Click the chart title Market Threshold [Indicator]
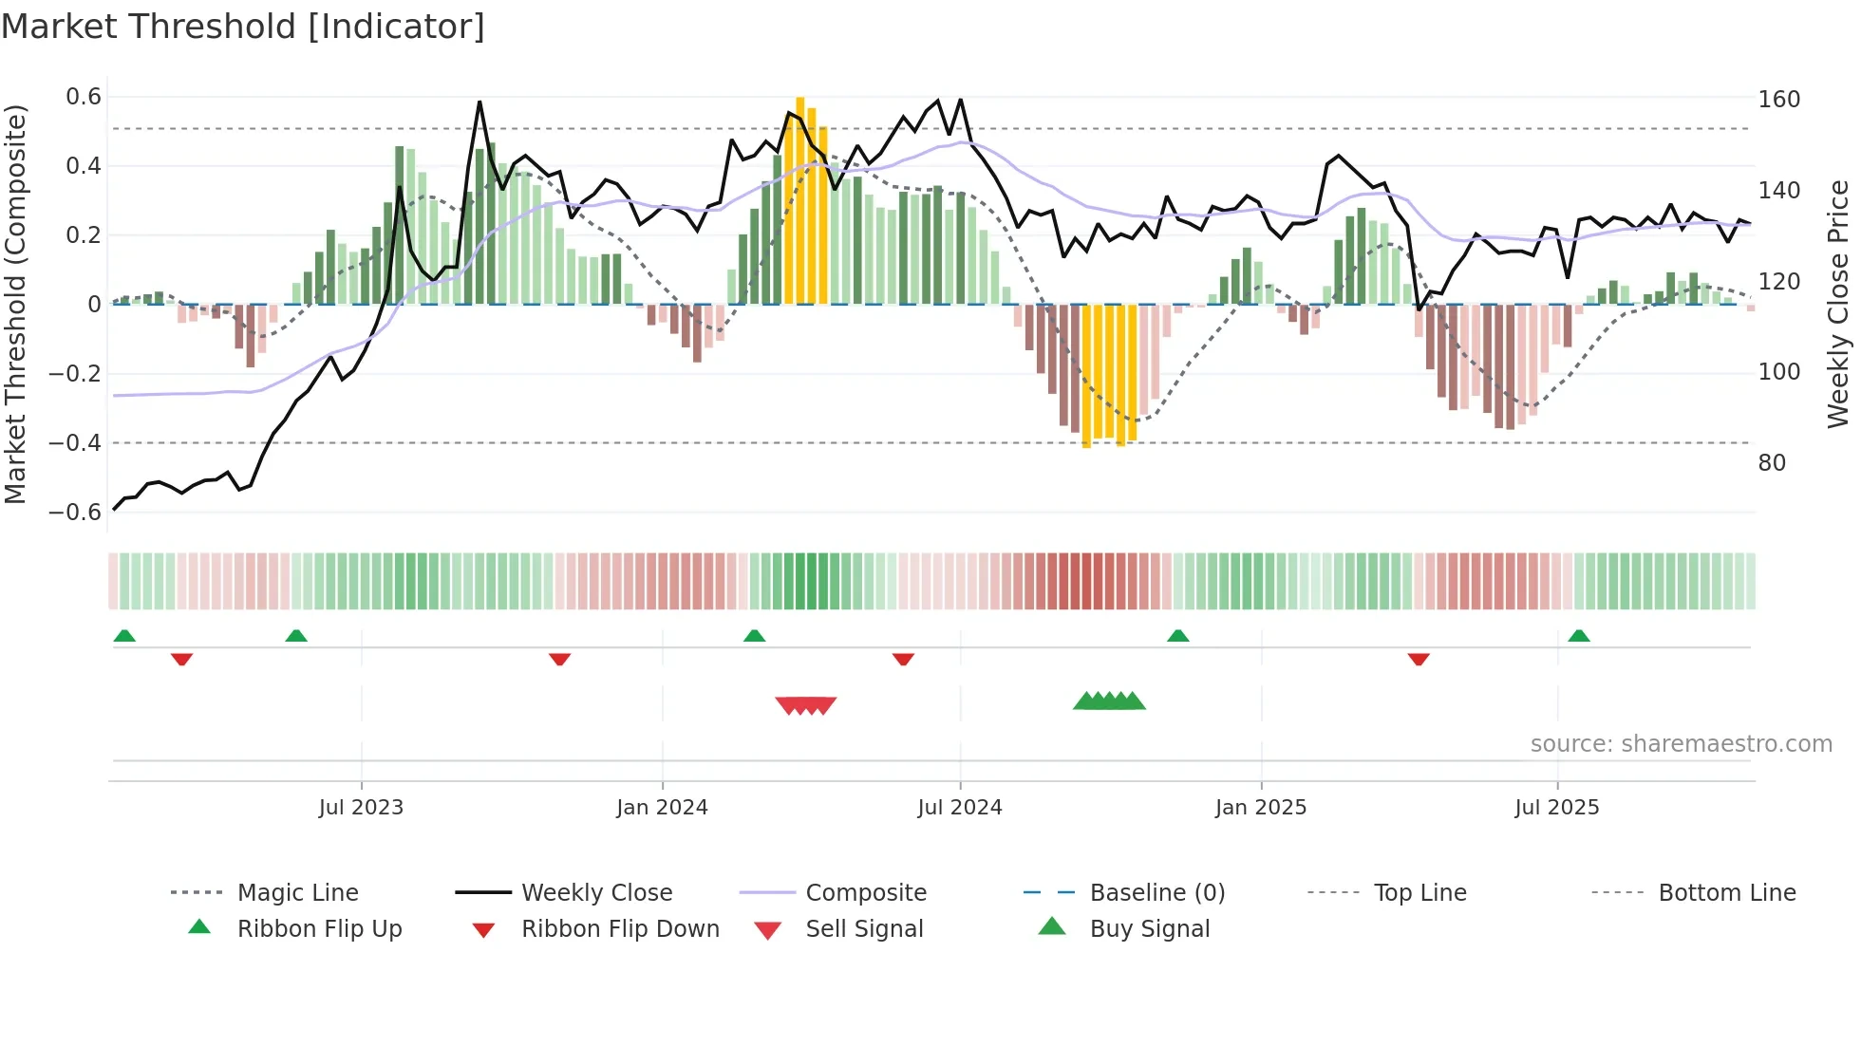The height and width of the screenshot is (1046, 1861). point(243,27)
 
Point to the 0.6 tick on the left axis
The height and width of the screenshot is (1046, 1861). point(84,97)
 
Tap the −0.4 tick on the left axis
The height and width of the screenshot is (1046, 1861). point(75,443)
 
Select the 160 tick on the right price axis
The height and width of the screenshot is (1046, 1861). point(1778,100)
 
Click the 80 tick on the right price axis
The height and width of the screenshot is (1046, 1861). point(1772,463)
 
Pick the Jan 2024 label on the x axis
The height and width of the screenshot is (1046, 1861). point(662,808)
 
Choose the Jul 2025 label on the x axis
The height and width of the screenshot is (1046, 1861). point(1556,808)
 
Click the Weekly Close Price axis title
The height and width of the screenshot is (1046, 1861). point(1838,304)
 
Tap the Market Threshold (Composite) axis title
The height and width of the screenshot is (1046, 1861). point(15,304)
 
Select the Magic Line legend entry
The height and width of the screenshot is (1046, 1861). point(297,893)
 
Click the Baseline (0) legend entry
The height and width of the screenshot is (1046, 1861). point(1156,893)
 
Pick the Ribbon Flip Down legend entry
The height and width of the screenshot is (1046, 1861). point(619,929)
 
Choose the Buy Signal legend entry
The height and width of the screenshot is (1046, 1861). point(1149,929)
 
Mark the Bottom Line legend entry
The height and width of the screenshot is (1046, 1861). point(1726,893)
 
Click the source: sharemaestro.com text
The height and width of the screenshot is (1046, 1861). point(1681,744)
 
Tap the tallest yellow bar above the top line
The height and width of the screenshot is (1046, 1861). point(800,199)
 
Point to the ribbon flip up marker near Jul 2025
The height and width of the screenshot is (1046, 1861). point(1579,636)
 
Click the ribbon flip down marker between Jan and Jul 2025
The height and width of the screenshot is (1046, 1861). point(1419,659)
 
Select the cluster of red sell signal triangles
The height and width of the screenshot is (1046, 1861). point(806,705)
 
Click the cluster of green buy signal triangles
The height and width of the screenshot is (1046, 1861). point(1109,701)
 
